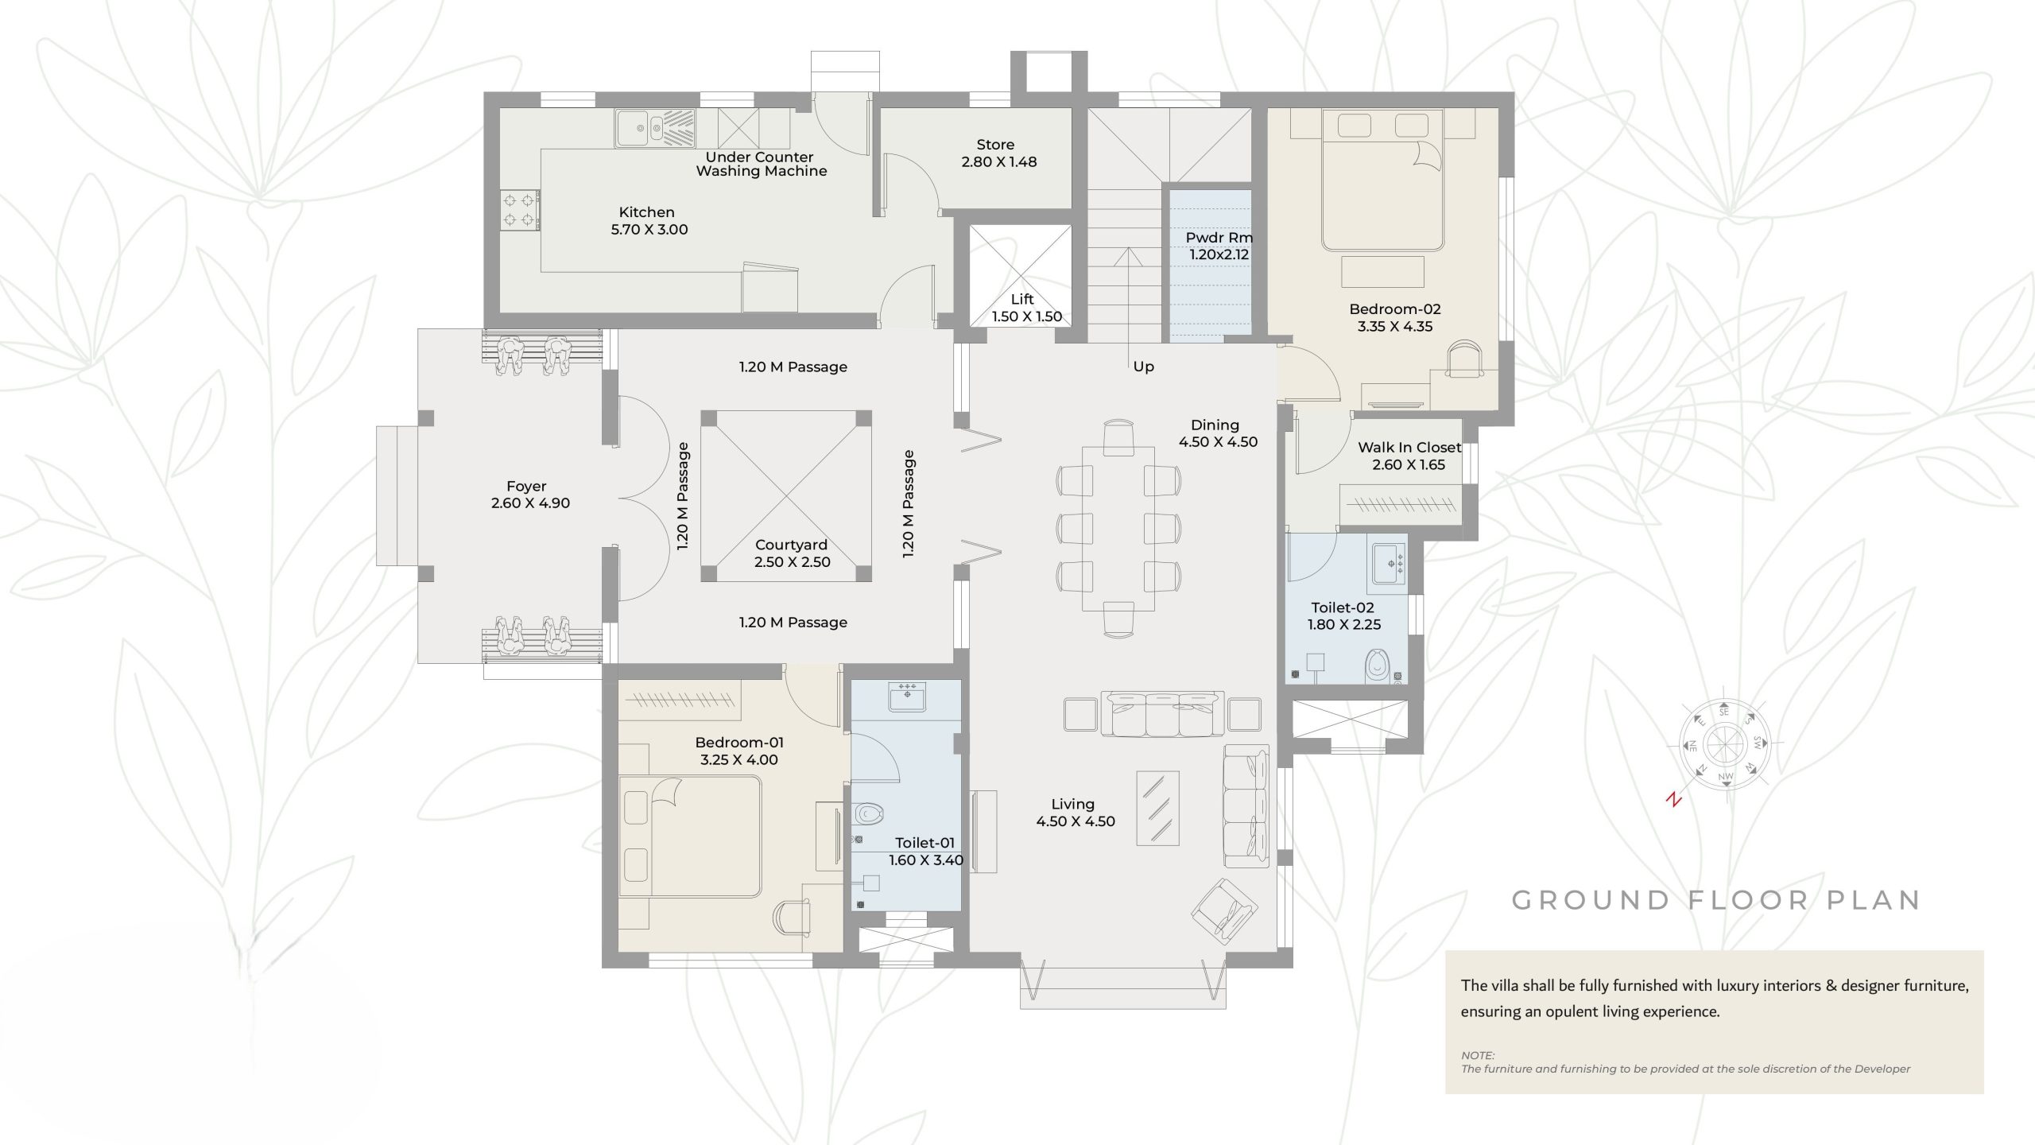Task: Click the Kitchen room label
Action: [646, 212]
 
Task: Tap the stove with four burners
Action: [519, 210]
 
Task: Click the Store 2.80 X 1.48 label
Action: [998, 153]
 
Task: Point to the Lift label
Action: [1022, 299]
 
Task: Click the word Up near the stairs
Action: [1143, 367]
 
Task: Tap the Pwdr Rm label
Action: [1219, 238]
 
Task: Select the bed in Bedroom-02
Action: [1382, 180]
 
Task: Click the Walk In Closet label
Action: [1409, 448]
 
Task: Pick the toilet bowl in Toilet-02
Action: [1377, 666]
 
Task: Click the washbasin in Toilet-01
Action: [907, 697]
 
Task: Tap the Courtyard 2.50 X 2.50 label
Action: [792, 553]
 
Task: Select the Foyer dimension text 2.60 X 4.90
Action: [530, 503]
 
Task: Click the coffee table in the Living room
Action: [1158, 808]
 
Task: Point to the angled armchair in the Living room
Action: [1224, 910]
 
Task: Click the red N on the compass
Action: [1674, 800]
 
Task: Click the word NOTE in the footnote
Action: [1478, 1055]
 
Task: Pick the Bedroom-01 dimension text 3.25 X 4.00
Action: [738, 760]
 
